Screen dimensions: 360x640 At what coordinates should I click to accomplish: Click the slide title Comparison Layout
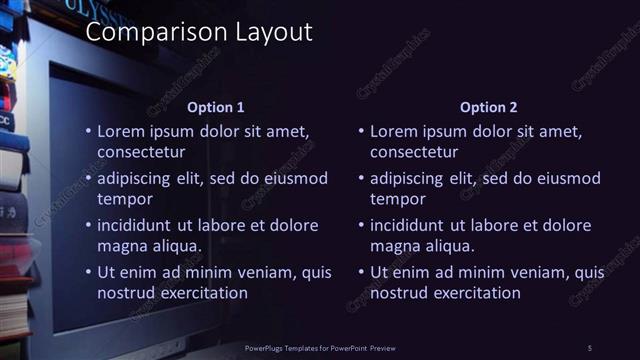coord(199,32)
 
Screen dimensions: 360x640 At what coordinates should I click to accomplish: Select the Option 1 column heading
coord(215,107)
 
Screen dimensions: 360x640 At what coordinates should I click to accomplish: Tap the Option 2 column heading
coord(487,107)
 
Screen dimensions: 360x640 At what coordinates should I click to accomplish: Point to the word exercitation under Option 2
coord(472,293)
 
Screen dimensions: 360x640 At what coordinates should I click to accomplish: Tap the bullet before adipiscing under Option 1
coord(88,179)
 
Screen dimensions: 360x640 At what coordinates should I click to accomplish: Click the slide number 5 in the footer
coord(589,347)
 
